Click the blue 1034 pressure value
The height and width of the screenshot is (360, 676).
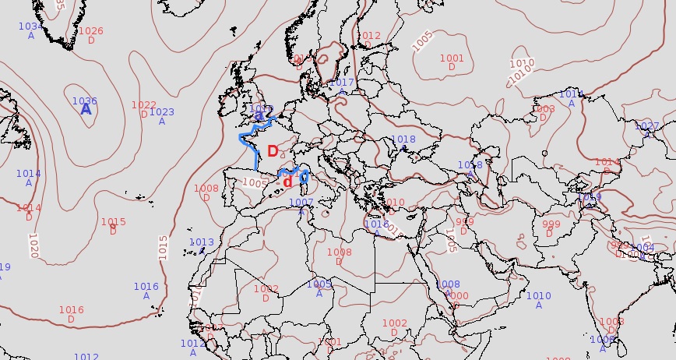pos(30,26)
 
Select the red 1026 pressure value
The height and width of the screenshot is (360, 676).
pos(90,31)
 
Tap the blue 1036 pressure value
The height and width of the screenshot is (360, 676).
pos(84,101)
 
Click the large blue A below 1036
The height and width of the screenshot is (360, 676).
pos(86,111)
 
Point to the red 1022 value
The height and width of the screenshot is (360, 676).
pos(143,105)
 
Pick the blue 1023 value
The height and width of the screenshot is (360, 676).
pos(161,112)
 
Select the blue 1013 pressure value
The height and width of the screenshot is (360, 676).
pos(202,242)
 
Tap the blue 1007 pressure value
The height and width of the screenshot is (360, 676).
pos(301,203)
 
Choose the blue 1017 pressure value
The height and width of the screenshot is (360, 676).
pos(342,83)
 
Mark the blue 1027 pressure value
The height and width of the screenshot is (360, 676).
pos(646,126)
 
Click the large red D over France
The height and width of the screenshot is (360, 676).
pos(273,151)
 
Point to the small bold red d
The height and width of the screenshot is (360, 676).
pos(287,182)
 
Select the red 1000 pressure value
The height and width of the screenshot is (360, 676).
pos(457,296)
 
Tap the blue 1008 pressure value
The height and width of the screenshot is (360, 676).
pos(448,284)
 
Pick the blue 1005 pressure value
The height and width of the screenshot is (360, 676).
pos(319,284)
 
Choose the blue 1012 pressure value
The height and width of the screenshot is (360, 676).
pos(192,343)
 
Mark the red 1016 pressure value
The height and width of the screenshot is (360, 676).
pos(71,310)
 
